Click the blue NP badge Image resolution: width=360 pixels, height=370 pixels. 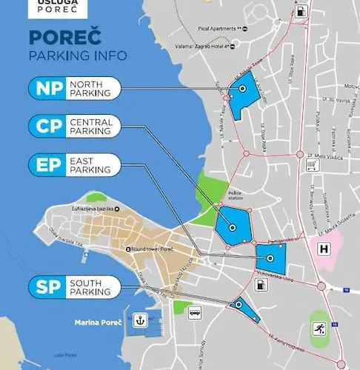coord(48,89)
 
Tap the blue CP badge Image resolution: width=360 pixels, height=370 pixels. coord(48,126)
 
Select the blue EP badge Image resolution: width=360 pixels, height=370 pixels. coord(48,164)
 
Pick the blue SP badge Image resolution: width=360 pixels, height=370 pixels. coord(48,287)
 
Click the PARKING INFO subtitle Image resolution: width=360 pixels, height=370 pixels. coord(77,56)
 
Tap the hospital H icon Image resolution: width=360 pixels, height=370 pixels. coord(323,250)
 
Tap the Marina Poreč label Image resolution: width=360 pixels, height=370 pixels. coord(96,322)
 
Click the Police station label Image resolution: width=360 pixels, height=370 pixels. coord(236,195)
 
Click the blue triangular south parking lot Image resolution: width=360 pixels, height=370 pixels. coord(244,308)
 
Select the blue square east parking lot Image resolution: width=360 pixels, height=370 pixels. coord(270,258)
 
